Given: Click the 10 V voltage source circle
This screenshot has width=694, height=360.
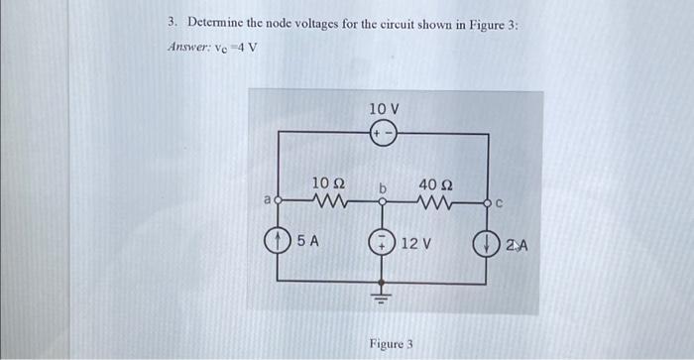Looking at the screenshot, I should pos(383,135).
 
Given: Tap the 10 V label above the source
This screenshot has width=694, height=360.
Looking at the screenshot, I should pos(384,108).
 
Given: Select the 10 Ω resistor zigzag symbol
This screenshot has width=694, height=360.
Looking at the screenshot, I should pos(327,202).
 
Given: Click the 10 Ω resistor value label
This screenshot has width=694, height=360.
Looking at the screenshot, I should pos(327,183).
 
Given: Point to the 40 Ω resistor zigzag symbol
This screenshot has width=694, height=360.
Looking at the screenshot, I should pos(436,202).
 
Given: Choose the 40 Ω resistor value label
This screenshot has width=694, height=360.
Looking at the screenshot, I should pos(436,183).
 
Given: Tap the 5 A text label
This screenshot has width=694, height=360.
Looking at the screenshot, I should pos(306,240).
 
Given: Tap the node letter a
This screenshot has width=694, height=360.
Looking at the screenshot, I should pos(266,201).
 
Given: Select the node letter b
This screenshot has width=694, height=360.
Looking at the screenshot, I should pos(381,186).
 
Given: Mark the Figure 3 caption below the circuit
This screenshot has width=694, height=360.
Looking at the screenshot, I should pos(391,344).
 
